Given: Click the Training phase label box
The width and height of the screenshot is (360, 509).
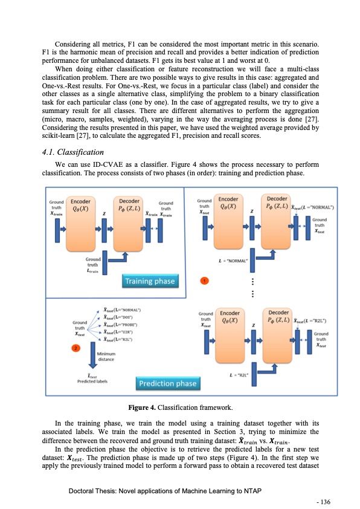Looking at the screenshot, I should (x=150, y=280).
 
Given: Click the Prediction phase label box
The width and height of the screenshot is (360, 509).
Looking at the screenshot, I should (x=168, y=383).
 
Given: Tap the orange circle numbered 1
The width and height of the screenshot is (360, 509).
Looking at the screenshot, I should (x=205, y=281).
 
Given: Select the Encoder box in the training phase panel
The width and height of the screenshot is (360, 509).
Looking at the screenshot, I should (x=81, y=220).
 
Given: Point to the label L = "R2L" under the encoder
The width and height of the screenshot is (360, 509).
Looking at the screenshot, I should (x=240, y=375).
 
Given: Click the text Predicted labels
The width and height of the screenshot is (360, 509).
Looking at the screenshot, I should (x=92, y=381).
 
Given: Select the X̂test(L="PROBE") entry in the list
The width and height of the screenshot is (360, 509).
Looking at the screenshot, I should (x=118, y=324).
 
